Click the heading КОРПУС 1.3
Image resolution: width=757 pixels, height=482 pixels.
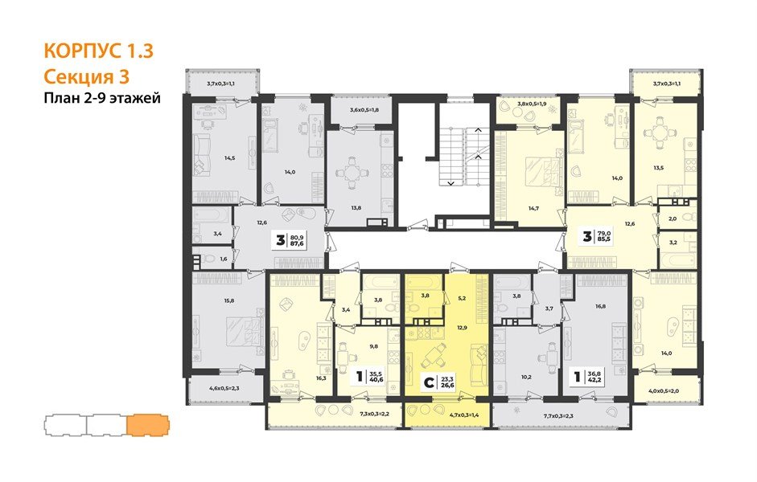point(97,52)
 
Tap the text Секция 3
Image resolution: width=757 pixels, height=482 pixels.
point(84,77)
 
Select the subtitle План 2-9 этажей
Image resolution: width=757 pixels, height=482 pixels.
point(102,99)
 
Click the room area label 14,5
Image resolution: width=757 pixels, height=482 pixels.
point(229,158)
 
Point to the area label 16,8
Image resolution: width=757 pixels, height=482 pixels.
point(600,305)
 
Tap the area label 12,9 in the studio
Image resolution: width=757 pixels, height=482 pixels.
point(461,329)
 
